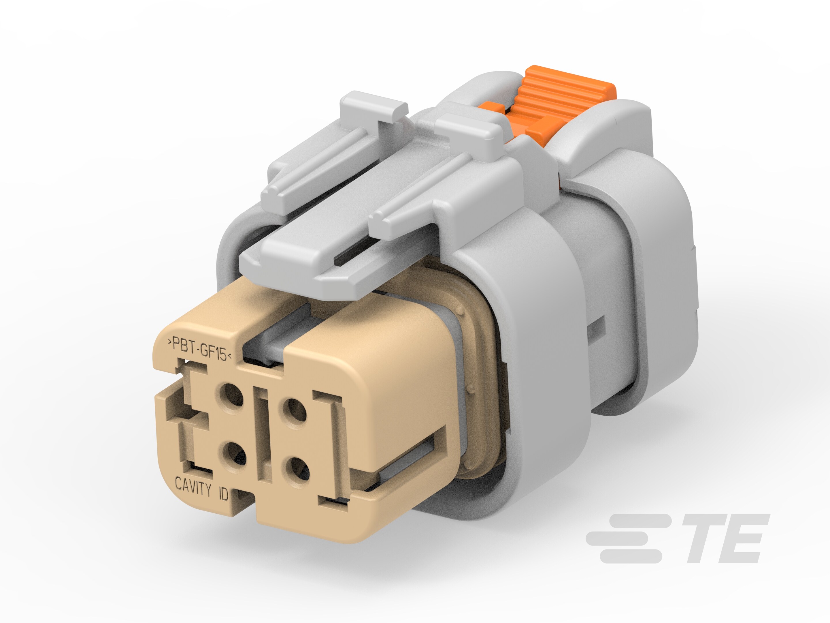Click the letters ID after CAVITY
click(x=223, y=494)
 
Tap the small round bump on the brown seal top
click(x=460, y=310)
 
